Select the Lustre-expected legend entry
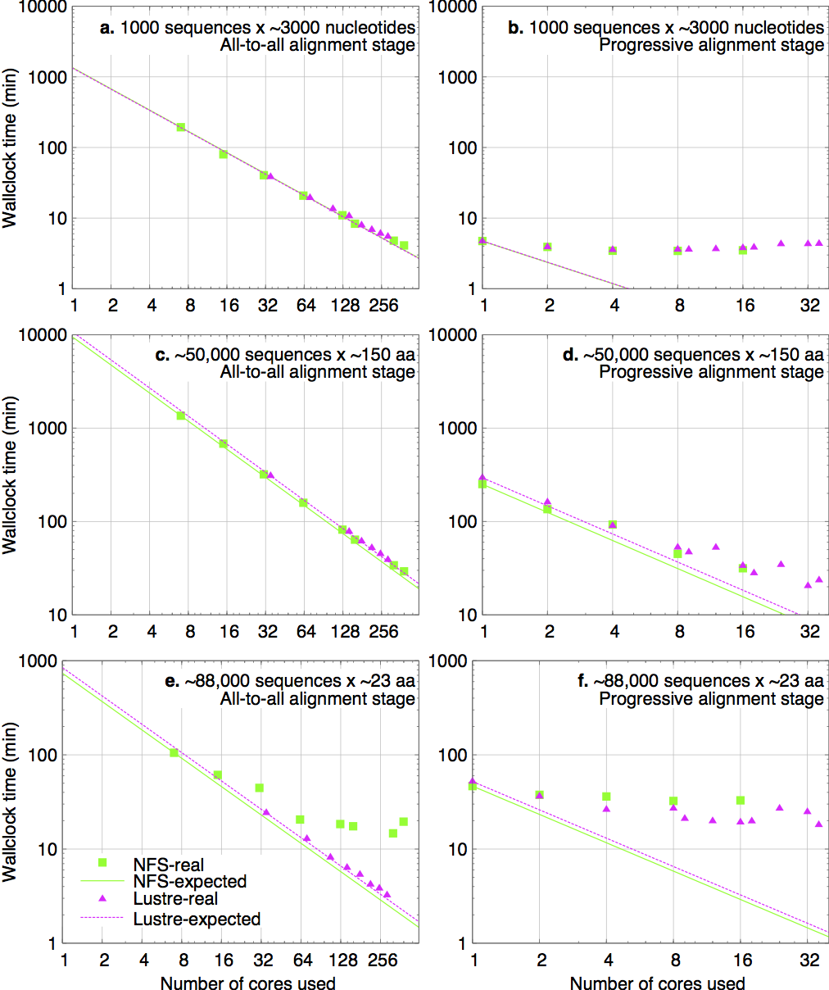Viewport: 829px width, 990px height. click(197, 919)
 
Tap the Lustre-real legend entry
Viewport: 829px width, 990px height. click(174, 900)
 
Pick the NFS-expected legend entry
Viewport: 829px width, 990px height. click(189, 882)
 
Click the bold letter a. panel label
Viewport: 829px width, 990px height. click(107, 28)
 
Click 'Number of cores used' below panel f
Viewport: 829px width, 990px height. click(657, 983)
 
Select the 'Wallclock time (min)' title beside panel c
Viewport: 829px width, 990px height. click(11, 475)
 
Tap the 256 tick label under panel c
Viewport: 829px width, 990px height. click(382, 631)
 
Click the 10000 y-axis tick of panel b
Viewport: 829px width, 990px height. click(459, 7)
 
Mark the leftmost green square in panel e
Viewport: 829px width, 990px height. click(174, 752)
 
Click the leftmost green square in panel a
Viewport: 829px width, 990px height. click(180, 127)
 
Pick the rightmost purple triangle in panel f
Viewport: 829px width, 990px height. click(818, 824)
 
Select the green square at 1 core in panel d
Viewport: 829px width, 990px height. click(482, 484)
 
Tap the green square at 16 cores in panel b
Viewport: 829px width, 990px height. click(742, 250)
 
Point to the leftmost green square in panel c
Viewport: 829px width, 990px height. click(180, 416)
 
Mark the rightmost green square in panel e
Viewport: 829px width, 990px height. click(403, 821)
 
